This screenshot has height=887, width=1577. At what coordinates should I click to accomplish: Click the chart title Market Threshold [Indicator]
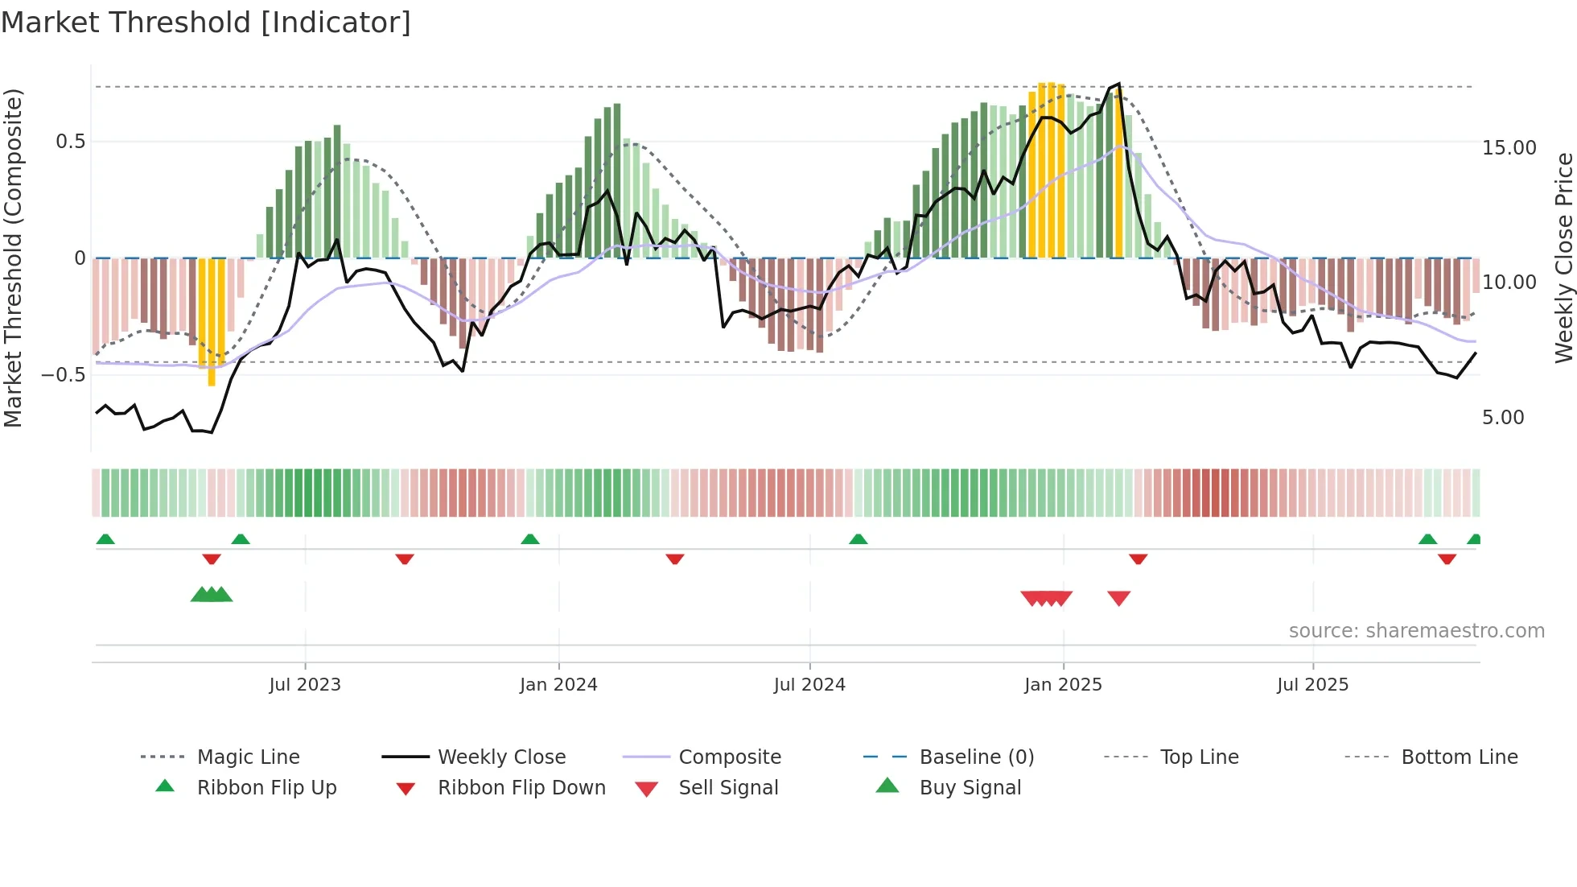[x=206, y=23]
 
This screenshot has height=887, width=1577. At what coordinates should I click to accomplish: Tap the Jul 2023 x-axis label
[x=305, y=685]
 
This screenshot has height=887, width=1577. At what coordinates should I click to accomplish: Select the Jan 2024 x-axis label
[x=558, y=685]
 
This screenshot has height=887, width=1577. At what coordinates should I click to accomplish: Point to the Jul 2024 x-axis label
[x=809, y=685]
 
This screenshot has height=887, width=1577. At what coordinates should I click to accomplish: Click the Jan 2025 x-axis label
[x=1063, y=685]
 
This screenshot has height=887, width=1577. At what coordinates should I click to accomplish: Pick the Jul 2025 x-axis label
[x=1312, y=685]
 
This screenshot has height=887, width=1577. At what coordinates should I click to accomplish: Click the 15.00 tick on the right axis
[x=1509, y=148]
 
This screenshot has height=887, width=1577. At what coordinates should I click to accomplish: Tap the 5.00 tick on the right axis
[x=1503, y=418]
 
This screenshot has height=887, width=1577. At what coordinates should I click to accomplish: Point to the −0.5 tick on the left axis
[x=63, y=375]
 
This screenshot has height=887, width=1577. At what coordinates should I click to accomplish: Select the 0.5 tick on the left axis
[x=70, y=142]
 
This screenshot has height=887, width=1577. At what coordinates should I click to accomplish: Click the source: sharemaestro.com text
[x=1416, y=631]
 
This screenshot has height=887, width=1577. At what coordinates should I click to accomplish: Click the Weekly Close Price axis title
[x=1563, y=258]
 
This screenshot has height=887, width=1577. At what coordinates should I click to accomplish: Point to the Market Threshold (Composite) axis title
[x=13, y=258]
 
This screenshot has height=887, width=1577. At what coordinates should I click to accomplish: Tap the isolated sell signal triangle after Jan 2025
[x=1118, y=598]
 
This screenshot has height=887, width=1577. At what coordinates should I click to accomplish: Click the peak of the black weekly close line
[x=1118, y=84]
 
